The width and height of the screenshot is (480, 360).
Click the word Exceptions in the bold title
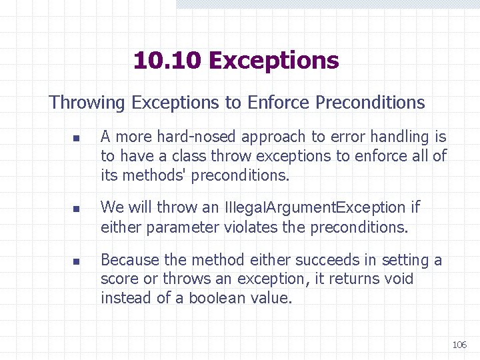[273, 61]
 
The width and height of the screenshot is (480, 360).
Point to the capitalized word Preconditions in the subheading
[370, 103]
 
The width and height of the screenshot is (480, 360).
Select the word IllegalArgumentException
[315, 208]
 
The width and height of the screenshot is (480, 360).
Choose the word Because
[129, 260]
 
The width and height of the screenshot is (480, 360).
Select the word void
[398, 279]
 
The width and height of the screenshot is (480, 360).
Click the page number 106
[459, 345]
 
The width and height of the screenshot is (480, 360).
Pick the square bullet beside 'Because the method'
[77, 261]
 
